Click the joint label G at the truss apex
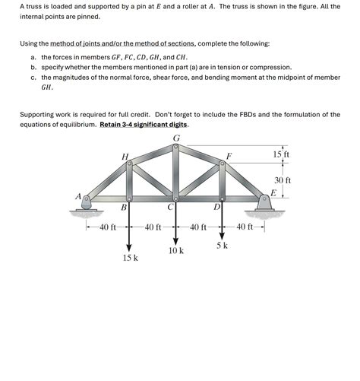[x=177, y=138]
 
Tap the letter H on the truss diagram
[x=125, y=157]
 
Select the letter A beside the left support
[x=77, y=195]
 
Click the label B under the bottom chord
[x=124, y=207]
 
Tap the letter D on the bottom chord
[x=216, y=207]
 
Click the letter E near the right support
[x=273, y=193]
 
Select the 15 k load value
[x=130, y=259]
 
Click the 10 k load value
[x=176, y=250]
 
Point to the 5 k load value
[x=222, y=246]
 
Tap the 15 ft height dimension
[x=282, y=155]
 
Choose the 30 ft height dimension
[x=283, y=180]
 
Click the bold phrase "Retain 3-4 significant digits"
[x=144, y=125]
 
